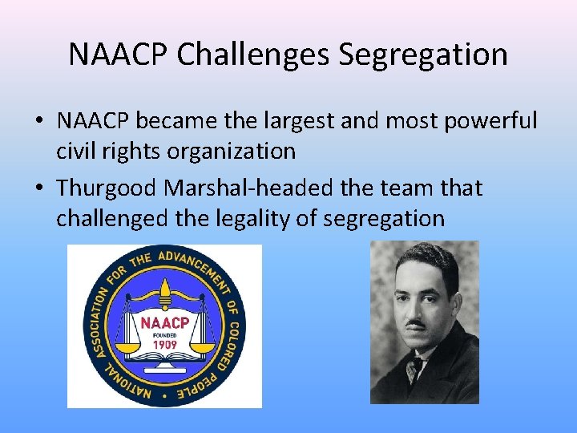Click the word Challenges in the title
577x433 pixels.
pos(252,55)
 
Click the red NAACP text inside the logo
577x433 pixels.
pos(164,322)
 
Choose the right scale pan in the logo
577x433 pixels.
pos(203,349)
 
